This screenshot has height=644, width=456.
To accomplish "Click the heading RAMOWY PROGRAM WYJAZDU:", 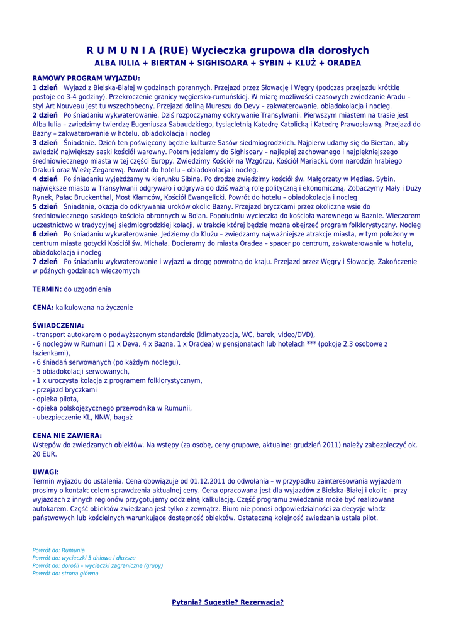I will pos(86,78).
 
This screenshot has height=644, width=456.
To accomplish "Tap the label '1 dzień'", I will pos(45,87).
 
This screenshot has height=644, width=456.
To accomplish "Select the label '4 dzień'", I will pos(45,179).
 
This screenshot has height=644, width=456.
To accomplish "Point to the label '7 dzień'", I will pos(45,261).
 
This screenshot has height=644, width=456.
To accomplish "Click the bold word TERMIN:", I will pos(47,289).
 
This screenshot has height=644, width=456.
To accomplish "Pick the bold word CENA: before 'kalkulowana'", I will pos(43,308).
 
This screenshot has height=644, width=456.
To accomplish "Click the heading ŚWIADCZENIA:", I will pos(58,326).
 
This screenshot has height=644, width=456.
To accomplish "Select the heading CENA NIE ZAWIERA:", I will pos(67,435).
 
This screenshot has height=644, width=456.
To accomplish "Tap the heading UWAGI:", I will pos(45,472).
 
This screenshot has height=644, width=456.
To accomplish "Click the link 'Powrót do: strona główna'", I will pos(65,574).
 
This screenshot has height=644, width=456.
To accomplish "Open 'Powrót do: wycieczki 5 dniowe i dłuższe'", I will pos(84,558).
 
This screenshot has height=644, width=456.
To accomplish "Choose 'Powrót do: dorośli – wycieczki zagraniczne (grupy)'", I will pos(97,566).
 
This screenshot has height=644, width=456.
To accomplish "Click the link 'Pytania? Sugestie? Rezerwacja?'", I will pos(228,602).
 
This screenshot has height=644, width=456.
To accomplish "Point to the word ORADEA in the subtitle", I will pos(343,64).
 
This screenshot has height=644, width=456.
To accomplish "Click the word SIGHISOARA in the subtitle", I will pos(225,64).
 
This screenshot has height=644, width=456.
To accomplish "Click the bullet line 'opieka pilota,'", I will pos(57,399).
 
